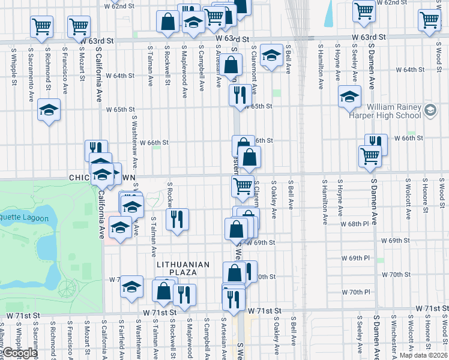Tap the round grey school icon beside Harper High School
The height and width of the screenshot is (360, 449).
point(430,110)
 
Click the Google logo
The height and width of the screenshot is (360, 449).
point(20,353)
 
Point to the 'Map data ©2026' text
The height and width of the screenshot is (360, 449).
point(424,355)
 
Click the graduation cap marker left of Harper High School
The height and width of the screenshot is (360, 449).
point(349,97)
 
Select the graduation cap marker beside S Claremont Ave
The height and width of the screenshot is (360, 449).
point(271,56)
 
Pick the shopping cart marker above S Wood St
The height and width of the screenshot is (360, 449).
point(430,19)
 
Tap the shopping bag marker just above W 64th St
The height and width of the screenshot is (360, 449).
point(231,65)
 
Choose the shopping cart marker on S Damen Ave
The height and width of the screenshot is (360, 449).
point(370,156)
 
